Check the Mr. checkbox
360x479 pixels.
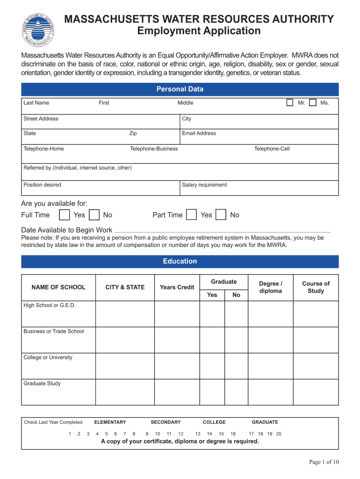(x=290, y=103)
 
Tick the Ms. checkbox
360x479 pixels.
(x=313, y=103)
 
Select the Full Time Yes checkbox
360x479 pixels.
(x=65, y=215)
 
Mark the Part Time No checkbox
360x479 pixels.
(x=222, y=215)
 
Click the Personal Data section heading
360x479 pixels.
(x=180, y=89)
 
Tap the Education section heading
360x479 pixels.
(x=180, y=261)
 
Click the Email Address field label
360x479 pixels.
(x=199, y=133)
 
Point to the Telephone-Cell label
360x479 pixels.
(x=272, y=149)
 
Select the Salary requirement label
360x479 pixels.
(x=204, y=185)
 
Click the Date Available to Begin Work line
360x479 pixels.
(x=222, y=231)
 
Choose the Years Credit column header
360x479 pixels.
(x=177, y=287)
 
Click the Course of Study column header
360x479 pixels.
(x=316, y=287)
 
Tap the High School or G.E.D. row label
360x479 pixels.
(x=49, y=305)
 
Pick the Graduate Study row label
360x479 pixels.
(x=42, y=384)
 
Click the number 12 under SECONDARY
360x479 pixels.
(x=181, y=434)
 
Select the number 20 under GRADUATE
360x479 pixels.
(x=279, y=434)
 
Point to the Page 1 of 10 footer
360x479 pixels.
(x=324, y=462)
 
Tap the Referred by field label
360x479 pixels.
(x=78, y=168)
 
